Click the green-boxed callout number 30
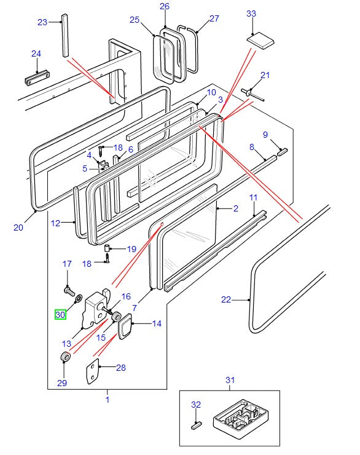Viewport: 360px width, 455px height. [x=60, y=315]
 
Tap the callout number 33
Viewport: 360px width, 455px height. [x=251, y=14]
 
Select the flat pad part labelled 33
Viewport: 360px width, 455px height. [x=260, y=41]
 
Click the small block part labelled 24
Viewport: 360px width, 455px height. [x=37, y=77]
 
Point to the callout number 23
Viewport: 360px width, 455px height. [x=42, y=22]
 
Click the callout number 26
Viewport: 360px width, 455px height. [x=165, y=6]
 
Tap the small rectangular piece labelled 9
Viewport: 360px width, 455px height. [x=282, y=152]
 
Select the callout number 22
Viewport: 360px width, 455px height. [x=226, y=299]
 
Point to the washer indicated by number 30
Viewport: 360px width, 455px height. [x=79, y=298]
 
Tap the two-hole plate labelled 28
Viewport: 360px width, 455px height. [x=93, y=372]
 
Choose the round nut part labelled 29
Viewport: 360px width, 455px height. [x=66, y=357]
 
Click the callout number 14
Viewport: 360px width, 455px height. [x=157, y=323]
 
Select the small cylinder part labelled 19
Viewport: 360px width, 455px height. [x=107, y=248]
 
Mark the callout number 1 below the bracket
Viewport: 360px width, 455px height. [x=108, y=400]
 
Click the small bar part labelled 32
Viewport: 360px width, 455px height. [x=197, y=425]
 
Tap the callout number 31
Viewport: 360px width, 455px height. [x=230, y=380]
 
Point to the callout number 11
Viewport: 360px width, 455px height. [x=253, y=197]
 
